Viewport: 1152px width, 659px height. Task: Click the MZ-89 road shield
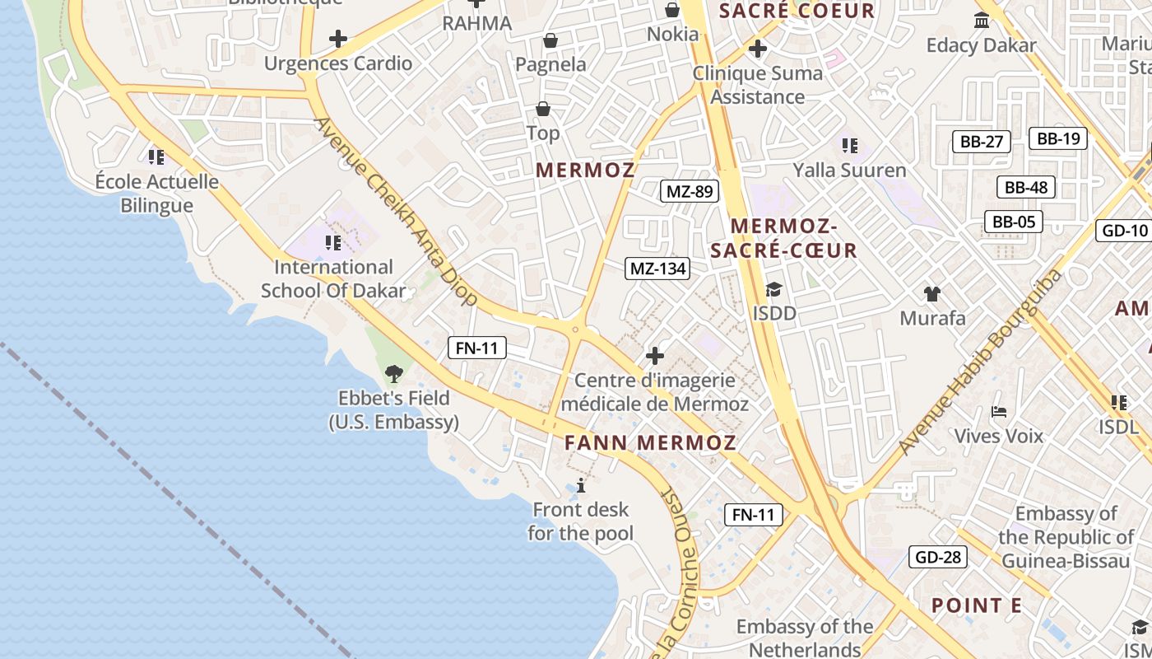690,192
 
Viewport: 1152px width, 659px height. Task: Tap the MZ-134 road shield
657,269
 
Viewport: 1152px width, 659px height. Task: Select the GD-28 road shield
938,557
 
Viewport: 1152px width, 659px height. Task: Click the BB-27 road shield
982,142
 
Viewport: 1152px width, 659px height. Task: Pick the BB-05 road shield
1014,222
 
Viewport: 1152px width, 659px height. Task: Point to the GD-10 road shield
1124,230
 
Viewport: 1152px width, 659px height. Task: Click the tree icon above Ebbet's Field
394,374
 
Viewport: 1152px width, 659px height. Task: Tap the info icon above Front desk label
581,484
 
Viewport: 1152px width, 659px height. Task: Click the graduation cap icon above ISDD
773,289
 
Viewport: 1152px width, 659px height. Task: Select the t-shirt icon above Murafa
931,293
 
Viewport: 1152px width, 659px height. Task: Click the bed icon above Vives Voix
999,411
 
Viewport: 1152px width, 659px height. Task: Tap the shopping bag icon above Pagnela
550,40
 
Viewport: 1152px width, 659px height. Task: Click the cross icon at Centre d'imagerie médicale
655,356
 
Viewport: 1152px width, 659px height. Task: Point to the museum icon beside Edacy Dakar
982,20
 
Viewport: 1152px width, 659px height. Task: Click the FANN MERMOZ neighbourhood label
650,442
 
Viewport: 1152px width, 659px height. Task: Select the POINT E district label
976,605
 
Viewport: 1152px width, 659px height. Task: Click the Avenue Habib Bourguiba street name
979,362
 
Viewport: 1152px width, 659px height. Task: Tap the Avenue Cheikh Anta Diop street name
395,211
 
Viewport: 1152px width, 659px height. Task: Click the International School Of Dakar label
333,278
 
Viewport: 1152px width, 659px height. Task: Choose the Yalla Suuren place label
849,171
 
